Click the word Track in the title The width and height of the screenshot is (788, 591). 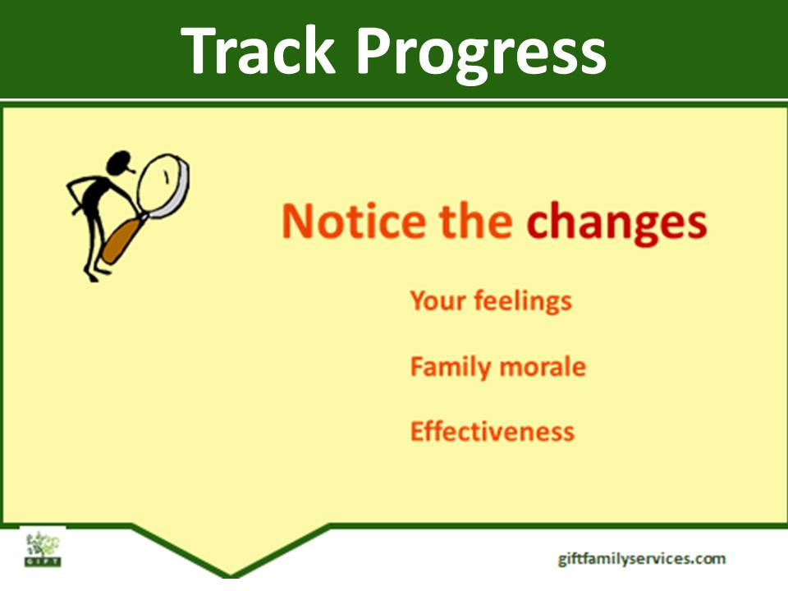point(258,50)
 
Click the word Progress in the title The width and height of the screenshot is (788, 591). point(482,55)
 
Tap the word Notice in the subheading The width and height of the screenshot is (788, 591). point(353,220)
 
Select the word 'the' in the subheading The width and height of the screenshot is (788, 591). point(475,220)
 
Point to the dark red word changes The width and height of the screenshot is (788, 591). point(616,224)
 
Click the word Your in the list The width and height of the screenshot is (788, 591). point(438,300)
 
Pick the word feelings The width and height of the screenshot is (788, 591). point(523,301)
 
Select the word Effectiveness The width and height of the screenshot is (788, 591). point(492,432)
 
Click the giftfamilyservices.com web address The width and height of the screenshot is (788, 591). point(641,559)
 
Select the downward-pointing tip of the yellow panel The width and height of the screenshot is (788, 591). point(231,575)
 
